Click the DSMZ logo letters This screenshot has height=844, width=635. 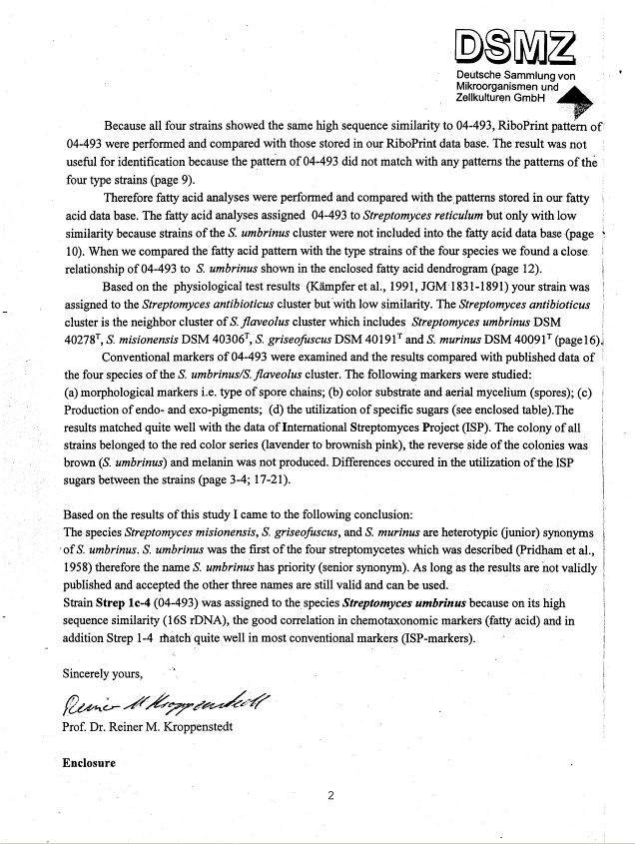point(516,45)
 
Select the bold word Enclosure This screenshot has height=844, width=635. point(89,763)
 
